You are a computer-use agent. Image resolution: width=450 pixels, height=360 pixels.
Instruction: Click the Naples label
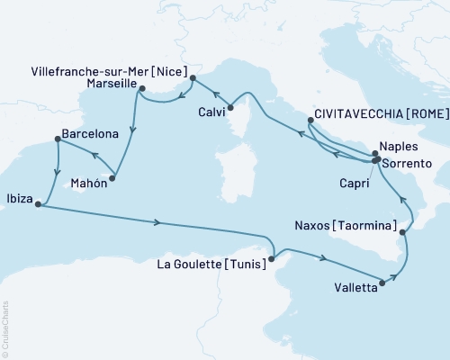point(400,145)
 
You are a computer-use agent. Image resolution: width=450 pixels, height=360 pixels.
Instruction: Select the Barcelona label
point(89,134)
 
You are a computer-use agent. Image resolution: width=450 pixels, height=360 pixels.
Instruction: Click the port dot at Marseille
point(142,87)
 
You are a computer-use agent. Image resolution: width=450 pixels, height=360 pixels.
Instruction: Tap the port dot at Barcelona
point(58,139)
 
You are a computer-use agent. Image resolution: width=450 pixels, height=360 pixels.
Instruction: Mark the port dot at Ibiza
point(38,204)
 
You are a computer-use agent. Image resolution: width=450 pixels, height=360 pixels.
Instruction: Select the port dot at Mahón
point(112,178)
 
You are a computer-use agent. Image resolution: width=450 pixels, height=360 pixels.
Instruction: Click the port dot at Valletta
point(383,283)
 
